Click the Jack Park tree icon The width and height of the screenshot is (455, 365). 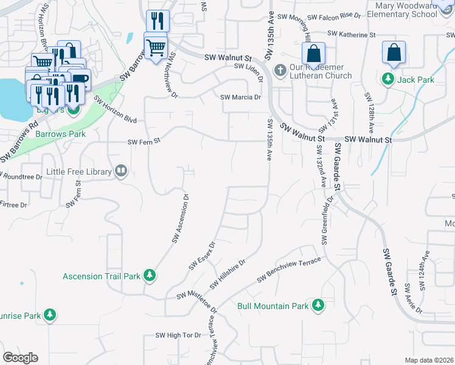click(387, 78)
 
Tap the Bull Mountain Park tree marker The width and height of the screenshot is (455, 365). click(317, 305)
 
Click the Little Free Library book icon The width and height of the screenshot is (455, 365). click(121, 172)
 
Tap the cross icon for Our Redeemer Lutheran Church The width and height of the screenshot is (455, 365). click(280, 69)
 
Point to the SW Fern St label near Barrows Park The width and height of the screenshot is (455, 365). click(144, 142)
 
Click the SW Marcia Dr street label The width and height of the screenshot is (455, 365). click(240, 97)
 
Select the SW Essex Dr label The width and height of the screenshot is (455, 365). click(202, 256)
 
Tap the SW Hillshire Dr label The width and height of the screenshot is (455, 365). click(227, 275)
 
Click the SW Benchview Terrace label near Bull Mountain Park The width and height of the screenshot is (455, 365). click(288, 268)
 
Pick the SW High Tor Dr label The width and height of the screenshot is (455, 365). click(178, 335)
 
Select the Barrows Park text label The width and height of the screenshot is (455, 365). click(60, 134)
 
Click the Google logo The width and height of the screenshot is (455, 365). click(20, 358)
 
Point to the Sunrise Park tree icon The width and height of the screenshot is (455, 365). click(51, 315)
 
